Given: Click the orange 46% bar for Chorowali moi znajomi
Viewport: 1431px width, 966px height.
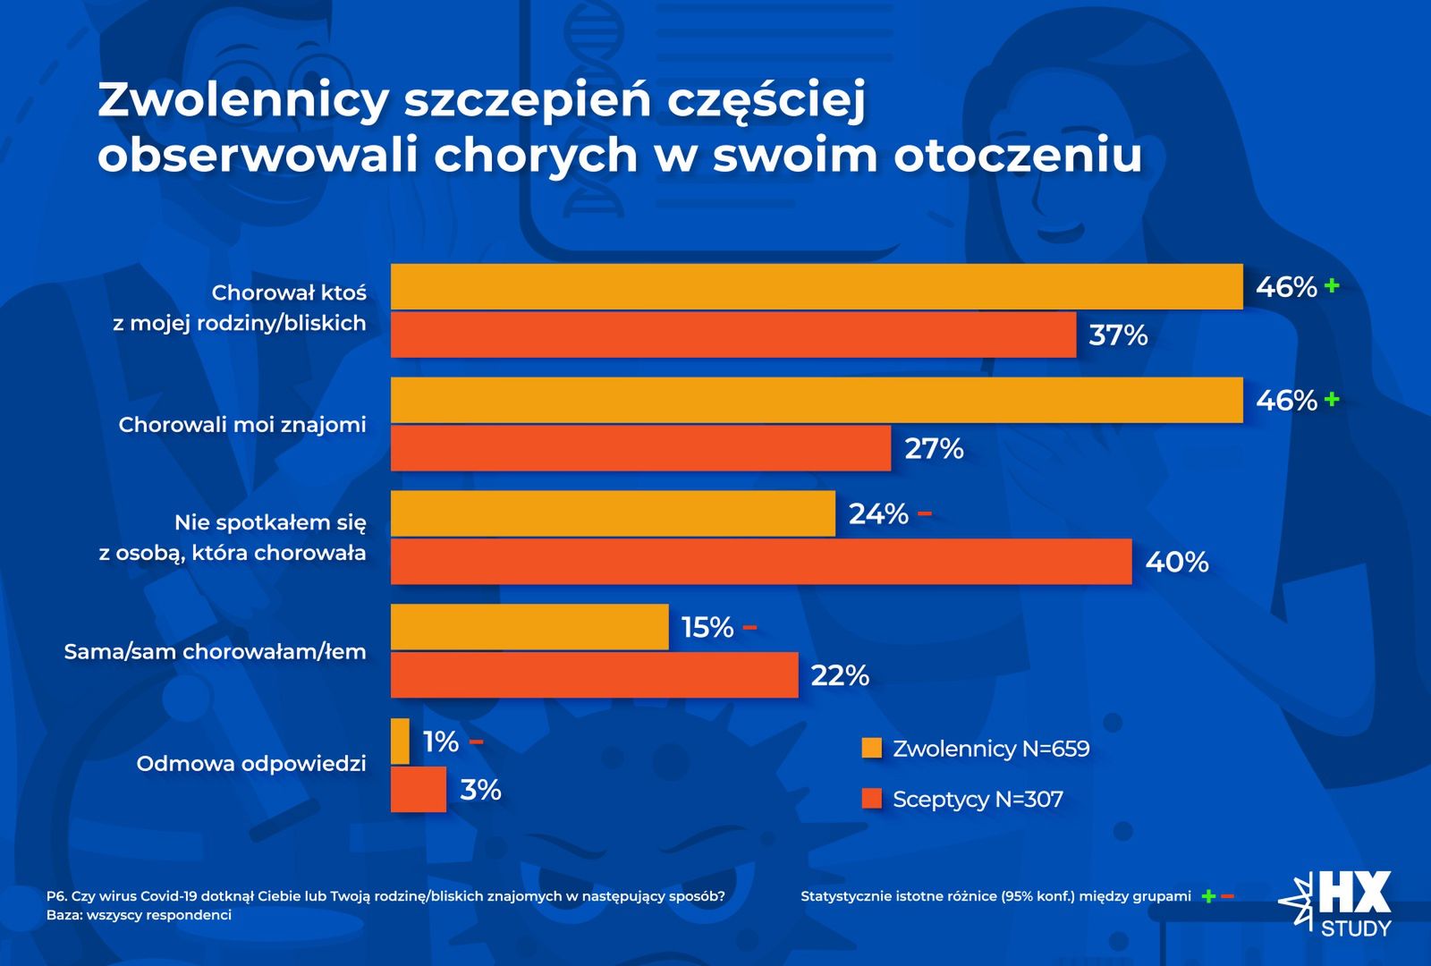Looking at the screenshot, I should tap(816, 400).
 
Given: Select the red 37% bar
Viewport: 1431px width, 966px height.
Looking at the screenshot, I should tap(733, 335).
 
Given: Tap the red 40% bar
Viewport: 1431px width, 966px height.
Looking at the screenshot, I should tap(760, 562).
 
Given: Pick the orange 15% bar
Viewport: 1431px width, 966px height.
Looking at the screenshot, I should tap(529, 627).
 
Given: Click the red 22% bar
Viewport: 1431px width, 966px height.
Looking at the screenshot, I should tap(594, 675).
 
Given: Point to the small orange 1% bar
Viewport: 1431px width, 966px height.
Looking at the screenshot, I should tap(400, 741).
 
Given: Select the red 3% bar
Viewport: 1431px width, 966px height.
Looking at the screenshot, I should tap(418, 790).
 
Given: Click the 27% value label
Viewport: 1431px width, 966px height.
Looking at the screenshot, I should tap(934, 448).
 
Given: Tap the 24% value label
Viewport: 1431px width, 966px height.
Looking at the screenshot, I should tap(878, 514).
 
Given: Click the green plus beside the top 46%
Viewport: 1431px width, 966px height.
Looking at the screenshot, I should tap(1332, 286).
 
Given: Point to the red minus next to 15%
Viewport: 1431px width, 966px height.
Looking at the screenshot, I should tap(749, 627).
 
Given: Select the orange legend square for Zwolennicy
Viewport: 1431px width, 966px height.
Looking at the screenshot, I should tap(871, 748).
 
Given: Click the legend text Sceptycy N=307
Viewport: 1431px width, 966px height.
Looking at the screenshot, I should tap(978, 799).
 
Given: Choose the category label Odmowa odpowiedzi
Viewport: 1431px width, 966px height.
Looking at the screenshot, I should tap(251, 764).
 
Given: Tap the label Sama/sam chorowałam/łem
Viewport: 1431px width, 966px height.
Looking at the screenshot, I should tap(215, 652).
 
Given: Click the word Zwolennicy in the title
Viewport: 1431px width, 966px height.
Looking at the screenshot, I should tap(242, 99).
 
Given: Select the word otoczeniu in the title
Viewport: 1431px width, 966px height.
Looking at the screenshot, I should tap(1018, 155).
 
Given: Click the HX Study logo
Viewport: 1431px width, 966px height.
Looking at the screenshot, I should tap(1337, 903).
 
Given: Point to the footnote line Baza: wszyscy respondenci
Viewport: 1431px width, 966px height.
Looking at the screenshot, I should tap(139, 915).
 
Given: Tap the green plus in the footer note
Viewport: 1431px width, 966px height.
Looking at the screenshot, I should tap(1208, 896).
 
